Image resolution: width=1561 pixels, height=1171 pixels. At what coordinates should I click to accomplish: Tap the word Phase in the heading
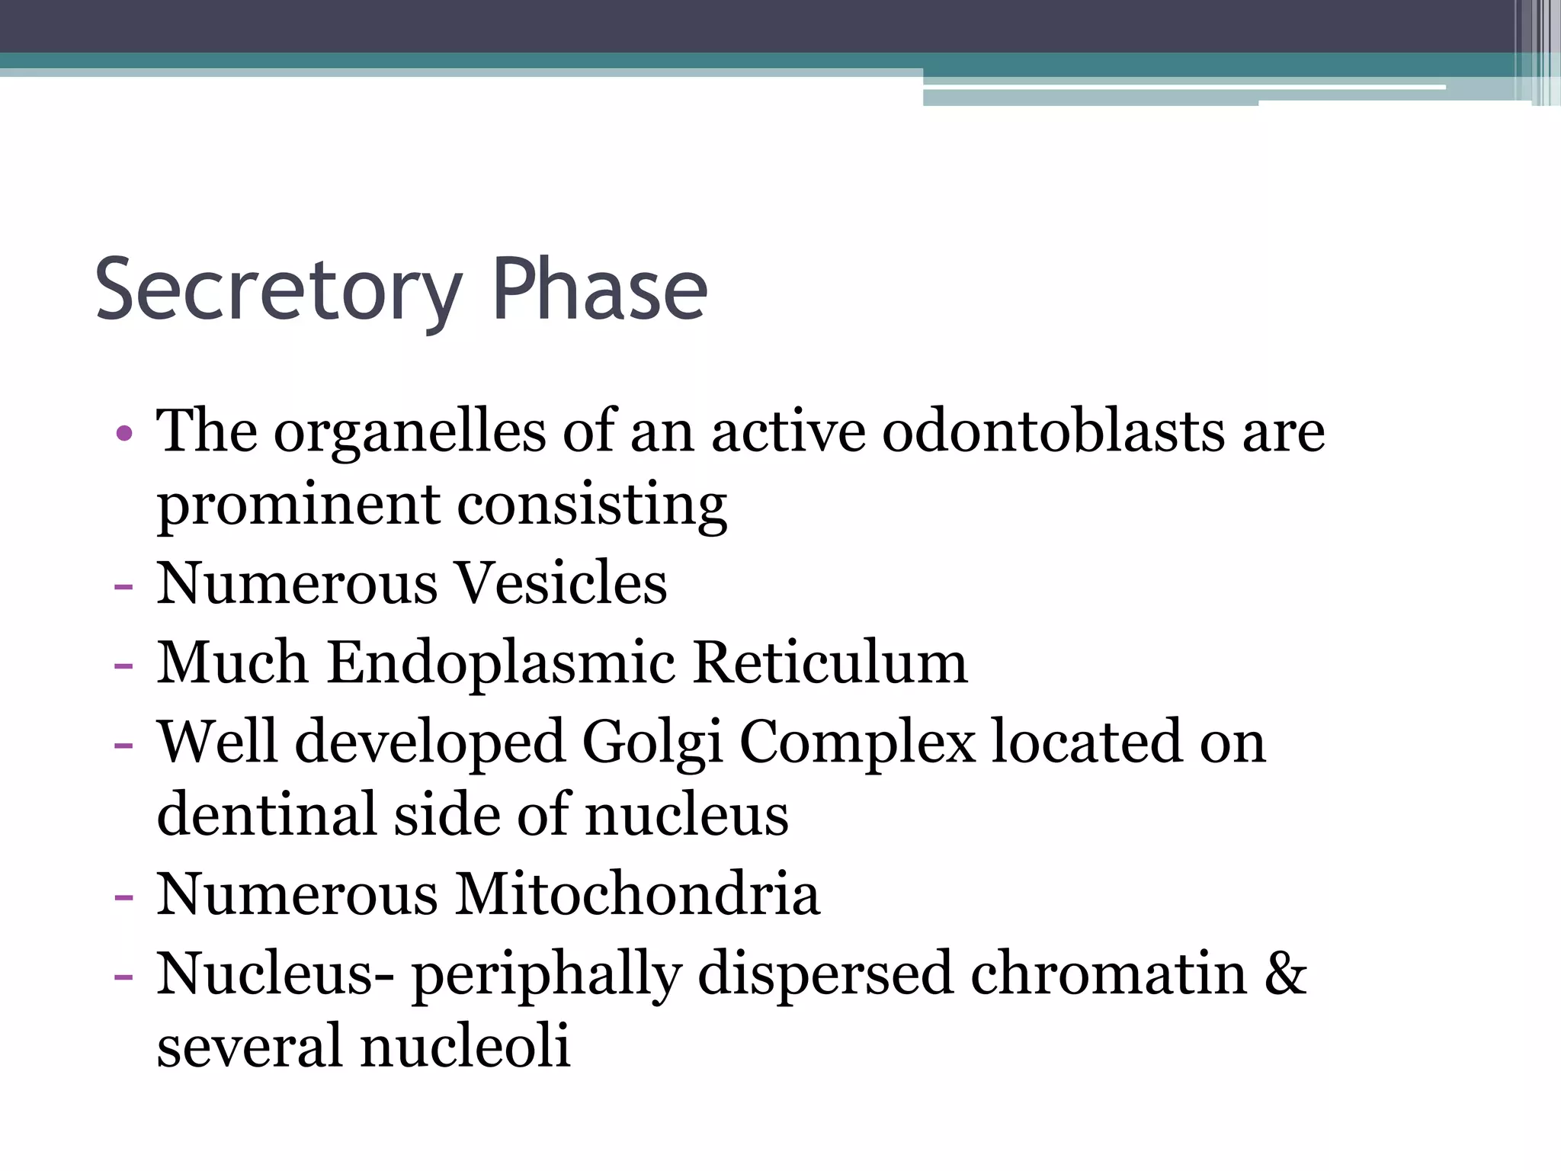pos(600,290)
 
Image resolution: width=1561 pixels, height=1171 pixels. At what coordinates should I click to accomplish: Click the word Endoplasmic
pos(501,662)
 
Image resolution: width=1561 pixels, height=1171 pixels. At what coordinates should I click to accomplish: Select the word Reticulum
pos(830,662)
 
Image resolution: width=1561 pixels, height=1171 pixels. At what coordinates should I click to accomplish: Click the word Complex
pos(857,742)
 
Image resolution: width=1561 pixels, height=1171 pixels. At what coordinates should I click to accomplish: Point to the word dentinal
pos(266,815)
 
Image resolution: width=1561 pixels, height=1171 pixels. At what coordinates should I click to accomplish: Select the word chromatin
pos(1108,974)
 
